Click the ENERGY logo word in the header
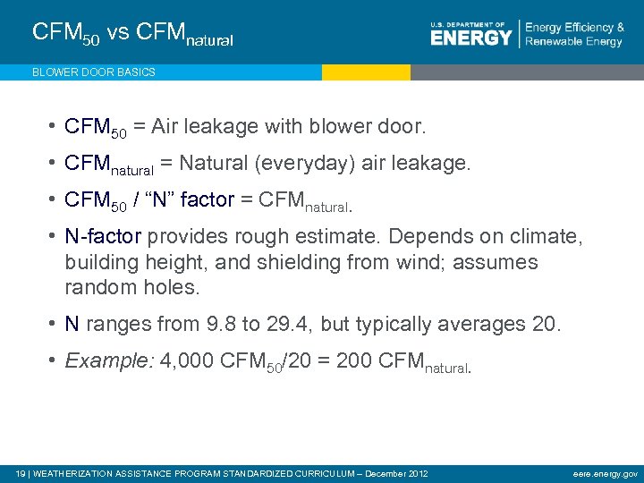point(470,37)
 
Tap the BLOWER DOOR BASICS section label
point(93,72)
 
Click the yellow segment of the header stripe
point(366,72)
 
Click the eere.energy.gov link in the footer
point(606,473)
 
